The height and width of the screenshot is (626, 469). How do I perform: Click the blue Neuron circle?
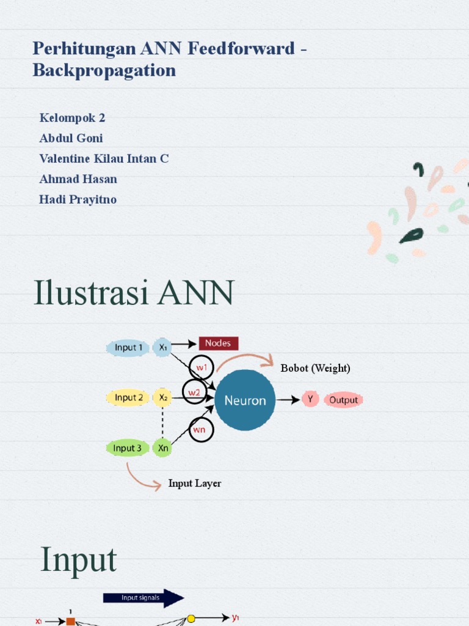[x=245, y=400]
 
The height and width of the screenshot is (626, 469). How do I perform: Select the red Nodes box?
[x=218, y=344]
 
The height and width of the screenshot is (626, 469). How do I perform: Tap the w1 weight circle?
[x=202, y=368]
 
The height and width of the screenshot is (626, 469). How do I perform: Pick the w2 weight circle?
[x=194, y=392]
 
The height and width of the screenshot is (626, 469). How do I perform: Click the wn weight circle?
[x=201, y=430]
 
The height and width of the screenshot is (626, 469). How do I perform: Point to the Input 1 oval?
[x=128, y=348]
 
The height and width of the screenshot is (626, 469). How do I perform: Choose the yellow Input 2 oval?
[x=128, y=398]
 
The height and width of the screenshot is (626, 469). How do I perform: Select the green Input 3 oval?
[x=128, y=448]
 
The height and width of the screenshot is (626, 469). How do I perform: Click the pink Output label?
[x=343, y=400]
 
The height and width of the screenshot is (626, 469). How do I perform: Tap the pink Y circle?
[x=310, y=400]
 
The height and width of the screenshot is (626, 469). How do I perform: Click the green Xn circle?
[x=163, y=448]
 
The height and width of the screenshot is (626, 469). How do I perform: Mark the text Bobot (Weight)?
[x=315, y=368]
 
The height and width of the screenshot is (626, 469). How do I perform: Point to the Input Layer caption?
[x=195, y=484]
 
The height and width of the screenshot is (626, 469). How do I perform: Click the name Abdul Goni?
[x=71, y=138]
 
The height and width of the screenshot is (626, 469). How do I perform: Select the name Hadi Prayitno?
[x=78, y=199]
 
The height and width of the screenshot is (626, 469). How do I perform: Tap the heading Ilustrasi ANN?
[x=134, y=293]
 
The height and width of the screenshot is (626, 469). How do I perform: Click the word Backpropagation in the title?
[x=104, y=70]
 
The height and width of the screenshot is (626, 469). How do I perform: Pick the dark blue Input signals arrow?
[x=144, y=598]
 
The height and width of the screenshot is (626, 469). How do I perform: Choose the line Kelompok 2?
[x=72, y=117]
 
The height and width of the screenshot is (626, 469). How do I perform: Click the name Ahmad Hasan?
[x=78, y=179]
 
